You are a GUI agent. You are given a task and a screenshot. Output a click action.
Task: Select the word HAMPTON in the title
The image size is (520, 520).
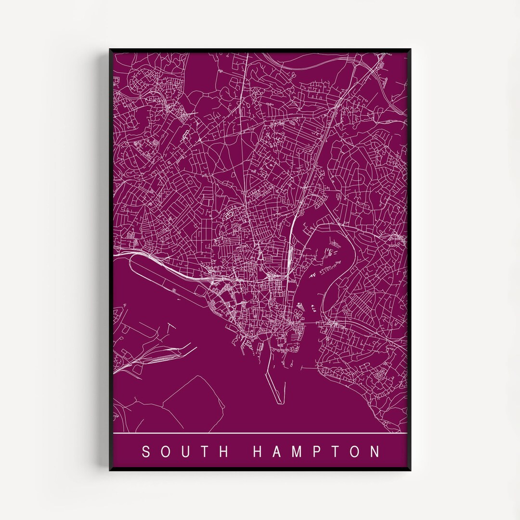[316, 452]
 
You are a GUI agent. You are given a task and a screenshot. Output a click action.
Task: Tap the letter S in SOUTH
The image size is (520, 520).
[145, 452]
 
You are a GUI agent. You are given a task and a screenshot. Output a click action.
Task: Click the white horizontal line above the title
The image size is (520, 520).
[260, 433]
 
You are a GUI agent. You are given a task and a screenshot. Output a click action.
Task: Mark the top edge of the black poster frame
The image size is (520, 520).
[260, 50]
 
